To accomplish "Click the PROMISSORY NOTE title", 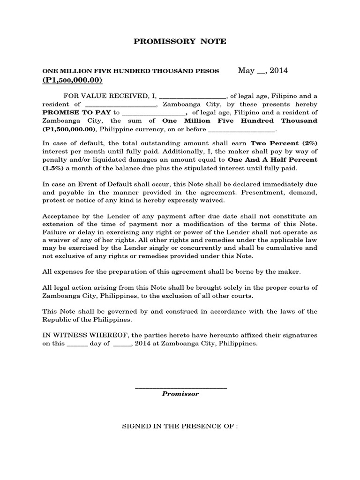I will click(180, 41).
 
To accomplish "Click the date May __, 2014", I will click(262, 71).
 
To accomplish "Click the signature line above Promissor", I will click(180, 387).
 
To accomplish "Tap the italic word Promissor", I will click(180, 394).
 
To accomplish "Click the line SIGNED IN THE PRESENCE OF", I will click(180, 427).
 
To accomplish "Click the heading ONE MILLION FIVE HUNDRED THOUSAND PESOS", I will click(131, 71).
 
